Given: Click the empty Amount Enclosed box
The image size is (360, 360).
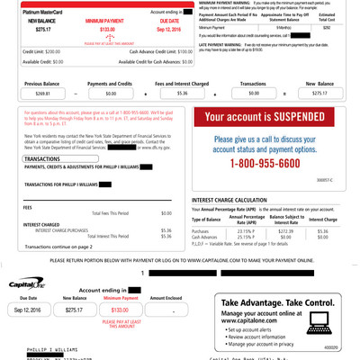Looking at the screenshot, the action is point(172,284).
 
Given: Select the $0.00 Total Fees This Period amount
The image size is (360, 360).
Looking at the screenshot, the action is point(166,212).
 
